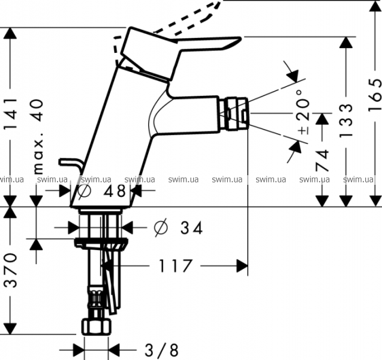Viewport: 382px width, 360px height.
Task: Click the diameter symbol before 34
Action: point(160,227)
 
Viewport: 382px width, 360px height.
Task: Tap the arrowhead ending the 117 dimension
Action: point(242,265)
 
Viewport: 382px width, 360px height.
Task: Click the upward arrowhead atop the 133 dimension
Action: point(346,43)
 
